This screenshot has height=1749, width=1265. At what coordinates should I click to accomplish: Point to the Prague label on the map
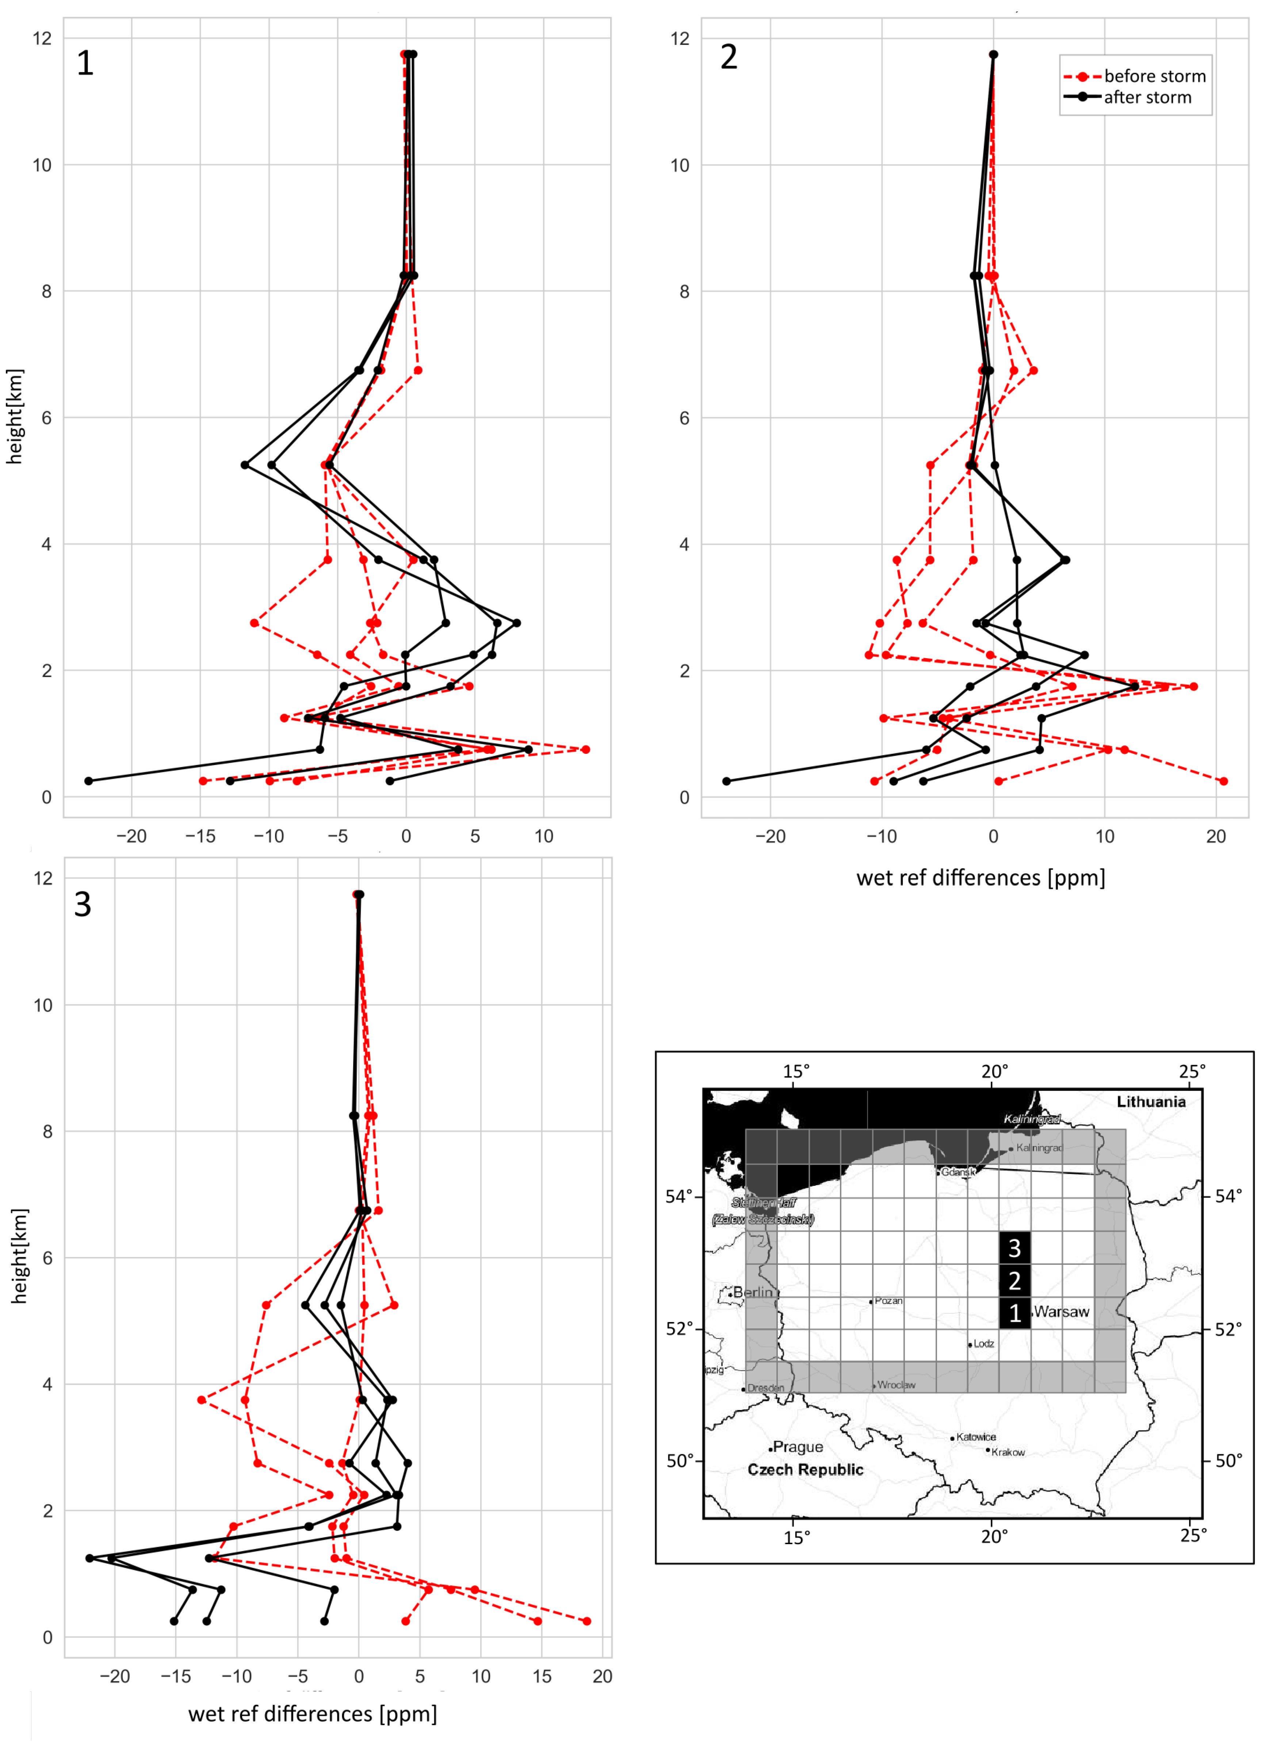[x=798, y=1447]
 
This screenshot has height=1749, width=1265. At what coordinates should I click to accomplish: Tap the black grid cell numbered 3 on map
[x=1014, y=1248]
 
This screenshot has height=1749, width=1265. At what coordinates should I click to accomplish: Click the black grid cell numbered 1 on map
[x=1014, y=1313]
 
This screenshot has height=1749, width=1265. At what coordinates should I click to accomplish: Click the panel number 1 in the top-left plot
[x=85, y=63]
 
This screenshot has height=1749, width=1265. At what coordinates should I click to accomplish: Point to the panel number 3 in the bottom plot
[x=83, y=904]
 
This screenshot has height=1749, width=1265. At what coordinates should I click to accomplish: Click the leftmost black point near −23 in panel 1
[x=89, y=781]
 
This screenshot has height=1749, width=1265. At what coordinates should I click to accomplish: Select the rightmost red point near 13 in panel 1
[x=585, y=749]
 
